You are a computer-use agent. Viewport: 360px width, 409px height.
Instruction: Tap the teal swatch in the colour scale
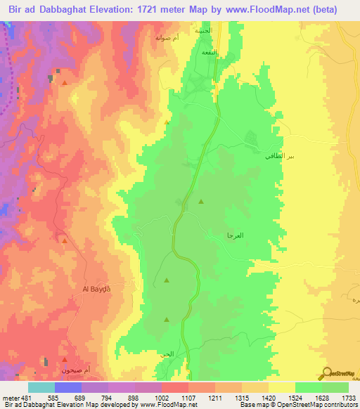click(x=41, y=387)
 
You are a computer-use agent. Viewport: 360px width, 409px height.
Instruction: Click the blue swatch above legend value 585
click(x=68, y=387)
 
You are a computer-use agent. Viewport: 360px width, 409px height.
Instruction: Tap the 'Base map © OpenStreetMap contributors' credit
click(x=297, y=405)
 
